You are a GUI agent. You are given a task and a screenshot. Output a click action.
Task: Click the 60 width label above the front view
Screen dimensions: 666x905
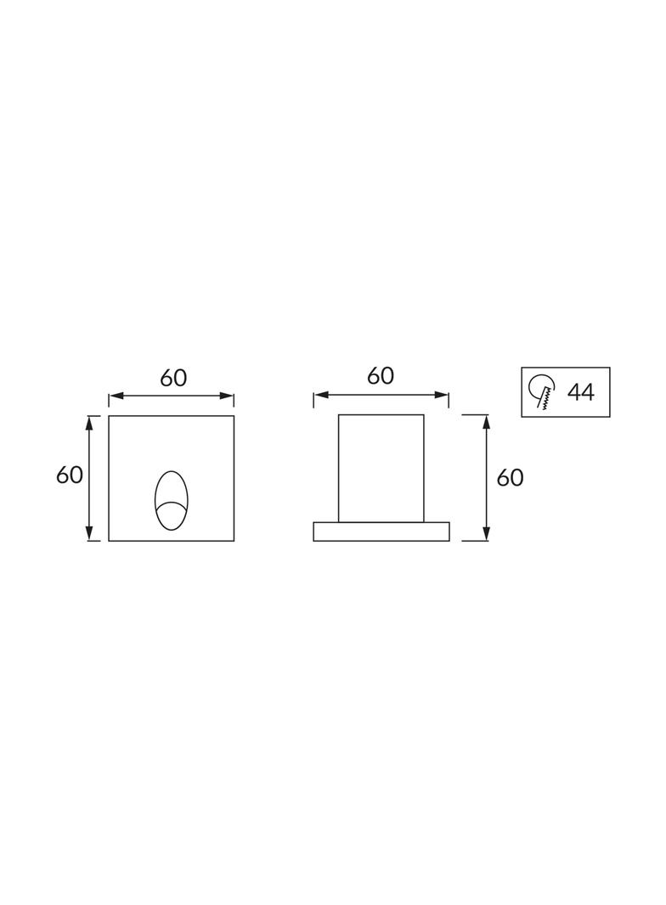[173, 378]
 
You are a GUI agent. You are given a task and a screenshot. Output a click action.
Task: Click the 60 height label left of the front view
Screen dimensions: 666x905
[70, 475]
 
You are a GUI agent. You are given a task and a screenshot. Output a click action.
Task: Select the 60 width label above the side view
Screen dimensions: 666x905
[380, 376]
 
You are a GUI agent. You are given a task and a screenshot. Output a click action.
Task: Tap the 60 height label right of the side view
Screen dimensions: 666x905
[510, 478]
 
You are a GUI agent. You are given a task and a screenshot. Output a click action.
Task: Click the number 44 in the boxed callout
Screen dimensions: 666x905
[580, 392]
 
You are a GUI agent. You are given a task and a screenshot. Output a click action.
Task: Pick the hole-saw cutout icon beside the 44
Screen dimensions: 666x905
[541, 391]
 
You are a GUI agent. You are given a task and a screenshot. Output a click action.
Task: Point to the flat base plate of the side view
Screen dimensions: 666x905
[381, 531]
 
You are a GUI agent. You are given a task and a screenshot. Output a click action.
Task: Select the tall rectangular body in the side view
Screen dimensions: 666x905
[381, 468]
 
